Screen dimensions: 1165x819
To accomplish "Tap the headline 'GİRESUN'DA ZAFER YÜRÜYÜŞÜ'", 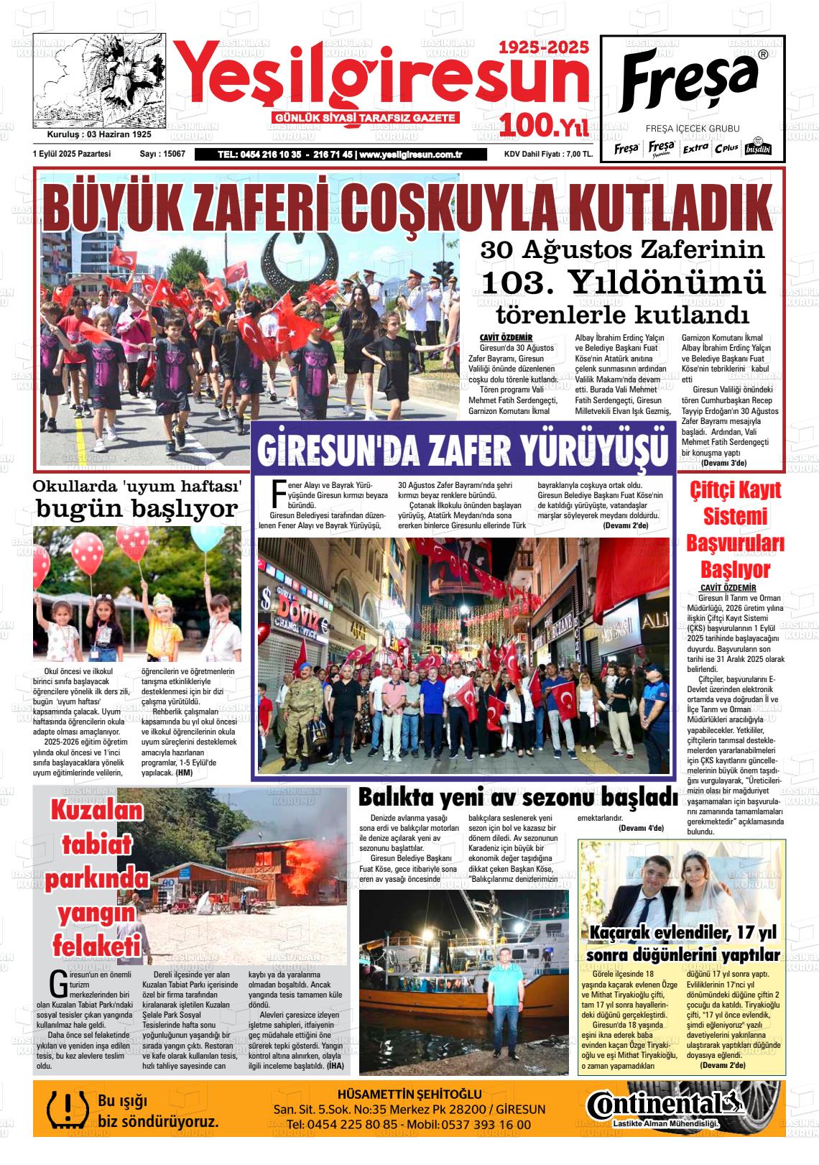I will pos(463,450).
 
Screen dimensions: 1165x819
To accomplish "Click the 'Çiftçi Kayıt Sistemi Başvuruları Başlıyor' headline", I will pos(735,530).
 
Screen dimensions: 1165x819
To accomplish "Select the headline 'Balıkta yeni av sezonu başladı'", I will pos(517,798).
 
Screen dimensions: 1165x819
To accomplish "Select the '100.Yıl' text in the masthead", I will pos(544,126).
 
